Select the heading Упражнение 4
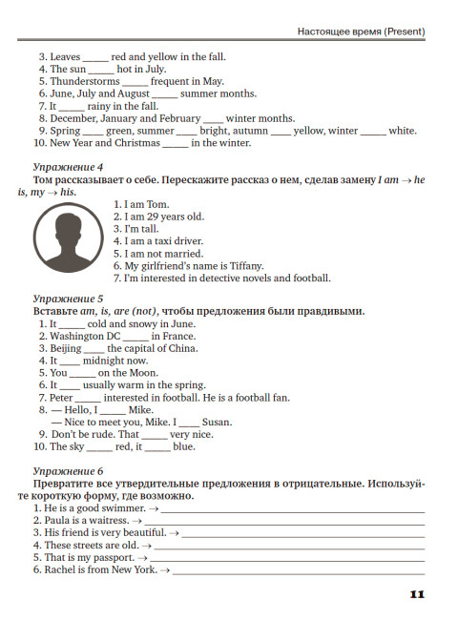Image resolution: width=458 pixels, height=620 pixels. pyautogui.click(x=68, y=167)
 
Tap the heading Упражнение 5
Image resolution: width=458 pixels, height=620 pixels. pyautogui.click(x=68, y=299)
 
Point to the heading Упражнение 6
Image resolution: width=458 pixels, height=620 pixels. pyautogui.click(x=68, y=471)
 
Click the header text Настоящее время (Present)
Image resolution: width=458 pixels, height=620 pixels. pyautogui.click(x=361, y=32)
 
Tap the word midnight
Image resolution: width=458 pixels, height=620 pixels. pyautogui.click(x=105, y=362)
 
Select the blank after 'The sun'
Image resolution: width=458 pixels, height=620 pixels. pyautogui.click(x=101, y=70)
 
